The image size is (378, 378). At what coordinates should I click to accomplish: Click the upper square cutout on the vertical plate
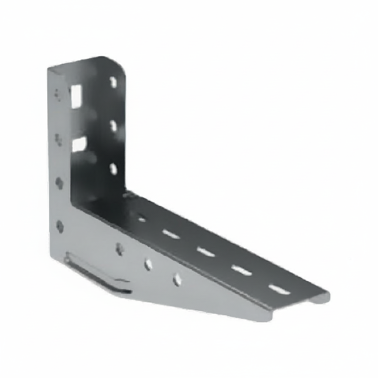point(76,96)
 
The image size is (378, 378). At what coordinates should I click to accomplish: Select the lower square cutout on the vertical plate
point(79,144)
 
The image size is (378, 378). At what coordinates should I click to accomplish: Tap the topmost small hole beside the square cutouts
point(113,82)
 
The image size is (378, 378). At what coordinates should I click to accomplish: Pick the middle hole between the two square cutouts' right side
point(114,126)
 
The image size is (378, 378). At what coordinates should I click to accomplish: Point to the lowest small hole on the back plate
point(113,169)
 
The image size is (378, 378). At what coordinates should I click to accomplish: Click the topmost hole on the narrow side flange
point(58,94)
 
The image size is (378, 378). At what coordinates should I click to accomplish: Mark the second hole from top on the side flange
point(58,139)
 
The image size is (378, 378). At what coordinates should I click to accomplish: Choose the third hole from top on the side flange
point(59,183)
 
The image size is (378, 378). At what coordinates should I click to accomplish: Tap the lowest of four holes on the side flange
point(60,226)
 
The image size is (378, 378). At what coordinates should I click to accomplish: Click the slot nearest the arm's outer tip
point(279,289)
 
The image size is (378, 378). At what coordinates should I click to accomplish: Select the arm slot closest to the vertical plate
point(141,219)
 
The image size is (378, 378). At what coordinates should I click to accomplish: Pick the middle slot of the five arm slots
point(206,252)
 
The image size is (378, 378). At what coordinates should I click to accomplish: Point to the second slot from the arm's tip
point(242,270)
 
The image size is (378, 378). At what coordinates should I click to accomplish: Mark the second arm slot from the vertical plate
point(171,234)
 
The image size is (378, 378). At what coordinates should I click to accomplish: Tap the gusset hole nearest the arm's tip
point(177,279)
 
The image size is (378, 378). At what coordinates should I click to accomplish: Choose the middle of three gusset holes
point(148,264)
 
